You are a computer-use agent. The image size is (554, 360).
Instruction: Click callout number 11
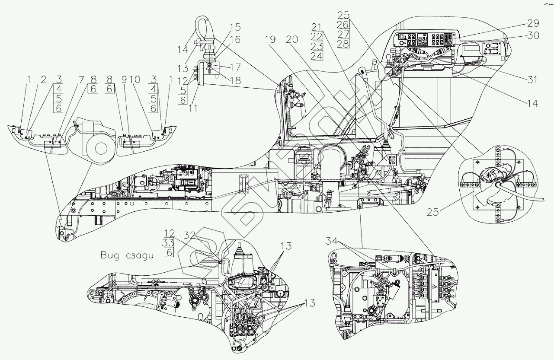[193, 108]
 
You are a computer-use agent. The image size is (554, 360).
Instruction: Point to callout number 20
[292, 39]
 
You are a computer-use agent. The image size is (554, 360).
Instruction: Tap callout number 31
[532, 80]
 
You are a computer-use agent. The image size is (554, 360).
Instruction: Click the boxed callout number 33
[169, 243]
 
